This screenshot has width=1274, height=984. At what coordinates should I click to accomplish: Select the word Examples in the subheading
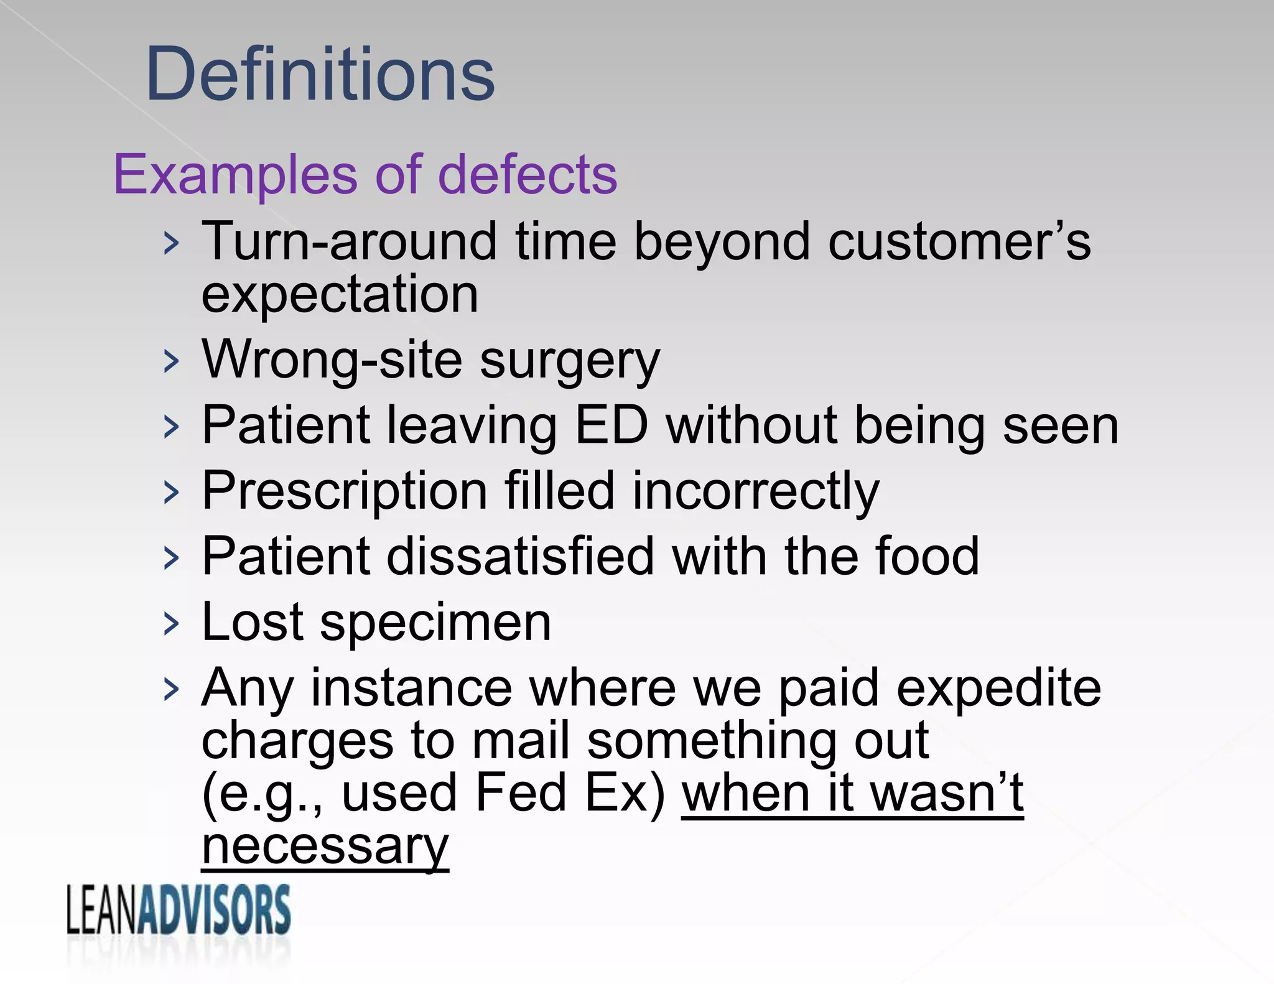236,176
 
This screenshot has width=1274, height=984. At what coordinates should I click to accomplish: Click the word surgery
569,363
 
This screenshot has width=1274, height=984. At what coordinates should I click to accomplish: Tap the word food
927,556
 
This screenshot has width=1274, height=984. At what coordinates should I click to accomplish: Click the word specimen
435,623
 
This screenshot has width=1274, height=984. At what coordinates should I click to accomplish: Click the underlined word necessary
325,847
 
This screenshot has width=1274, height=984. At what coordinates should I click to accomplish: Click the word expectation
340,295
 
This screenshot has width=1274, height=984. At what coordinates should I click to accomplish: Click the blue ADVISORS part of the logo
214,910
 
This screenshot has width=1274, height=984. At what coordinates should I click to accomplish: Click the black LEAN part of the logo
101,911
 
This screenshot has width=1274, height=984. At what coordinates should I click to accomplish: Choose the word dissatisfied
520,556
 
